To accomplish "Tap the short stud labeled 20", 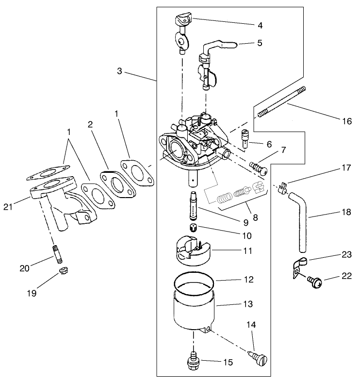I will (x=55, y=253).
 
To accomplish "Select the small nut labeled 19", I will (x=63, y=270).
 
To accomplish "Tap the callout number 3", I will (x=119, y=71).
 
